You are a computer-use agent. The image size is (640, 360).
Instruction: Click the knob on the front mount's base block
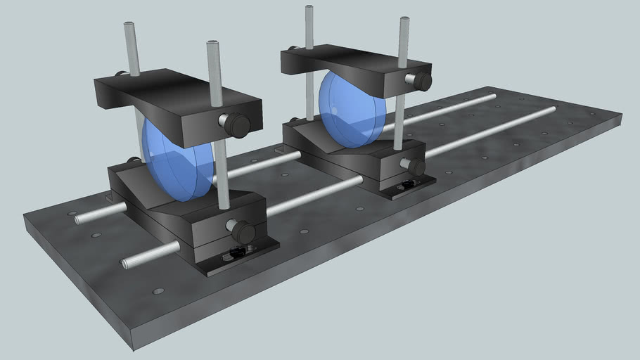242,230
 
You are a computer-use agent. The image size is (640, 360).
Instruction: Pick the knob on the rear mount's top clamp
421,81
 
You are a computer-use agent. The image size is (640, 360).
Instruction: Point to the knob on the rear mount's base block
415,167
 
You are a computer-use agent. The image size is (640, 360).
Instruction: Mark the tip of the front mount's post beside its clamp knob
213,45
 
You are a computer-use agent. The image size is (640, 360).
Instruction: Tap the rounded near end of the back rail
79,219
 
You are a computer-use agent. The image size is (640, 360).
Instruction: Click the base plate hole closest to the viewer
158,290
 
